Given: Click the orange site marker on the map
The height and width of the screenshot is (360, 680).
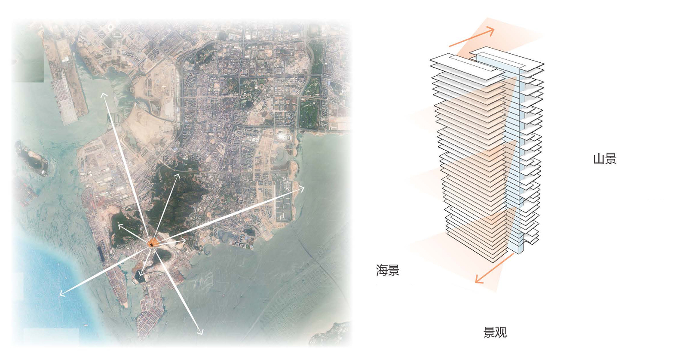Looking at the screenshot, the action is click(152, 243).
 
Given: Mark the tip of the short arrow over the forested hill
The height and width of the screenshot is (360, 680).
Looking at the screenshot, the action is click(179, 174).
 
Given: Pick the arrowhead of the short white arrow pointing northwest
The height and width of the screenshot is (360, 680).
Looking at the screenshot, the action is click(118, 225).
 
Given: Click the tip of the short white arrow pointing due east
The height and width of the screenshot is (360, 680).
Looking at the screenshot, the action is click(186, 240).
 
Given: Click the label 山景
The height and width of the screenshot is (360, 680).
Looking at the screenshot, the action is click(605, 159).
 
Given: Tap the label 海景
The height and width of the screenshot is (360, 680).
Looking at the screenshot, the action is click(388, 270).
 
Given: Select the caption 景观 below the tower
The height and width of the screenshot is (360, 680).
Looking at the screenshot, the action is click(495, 332).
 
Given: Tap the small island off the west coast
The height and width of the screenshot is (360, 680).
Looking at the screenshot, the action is click(33, 158).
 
